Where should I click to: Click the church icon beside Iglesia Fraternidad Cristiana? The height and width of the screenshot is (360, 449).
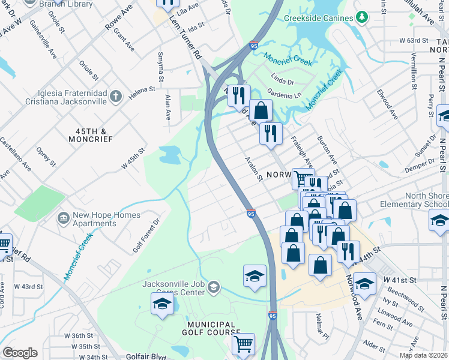[x=116, y=95]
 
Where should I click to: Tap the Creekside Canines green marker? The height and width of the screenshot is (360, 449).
[x=361, y=18]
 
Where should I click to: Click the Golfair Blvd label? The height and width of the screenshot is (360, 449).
[x=146, y=356]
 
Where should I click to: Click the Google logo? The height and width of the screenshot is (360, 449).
[x=20, y=353]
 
